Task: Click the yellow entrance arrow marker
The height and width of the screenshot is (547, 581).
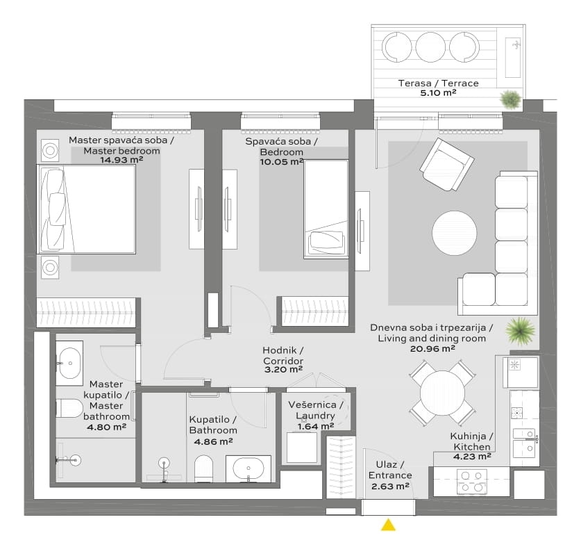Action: [x=388, y=525]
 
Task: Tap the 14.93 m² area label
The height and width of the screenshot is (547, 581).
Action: [x=121, y=160]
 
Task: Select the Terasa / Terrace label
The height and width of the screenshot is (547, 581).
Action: [x=438, y=83]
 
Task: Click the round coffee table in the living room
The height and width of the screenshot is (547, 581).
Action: [x=454, y=233]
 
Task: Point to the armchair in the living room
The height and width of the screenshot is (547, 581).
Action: [x=446, y=165]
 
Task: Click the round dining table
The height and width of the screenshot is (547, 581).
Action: [x=442, y=393]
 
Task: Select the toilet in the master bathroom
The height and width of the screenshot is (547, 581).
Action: [x=69, y=408]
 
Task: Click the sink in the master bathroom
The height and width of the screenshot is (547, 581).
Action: [x=69, y=363]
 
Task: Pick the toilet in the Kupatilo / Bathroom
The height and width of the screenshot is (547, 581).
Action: [x=203, y=468]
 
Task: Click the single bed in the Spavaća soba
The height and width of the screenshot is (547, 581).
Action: [x=326, y=209]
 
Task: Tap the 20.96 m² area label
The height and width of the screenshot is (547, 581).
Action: [x=432, y=349]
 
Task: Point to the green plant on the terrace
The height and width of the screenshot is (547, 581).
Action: [x=511, y=99]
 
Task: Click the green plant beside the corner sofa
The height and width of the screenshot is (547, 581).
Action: [x=521, y=330]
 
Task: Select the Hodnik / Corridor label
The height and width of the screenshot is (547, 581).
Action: [x=283, y=355]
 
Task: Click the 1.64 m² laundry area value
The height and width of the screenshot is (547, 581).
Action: [x=316, y=426]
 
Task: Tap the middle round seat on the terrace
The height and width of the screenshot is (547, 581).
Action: [x=430, y=47]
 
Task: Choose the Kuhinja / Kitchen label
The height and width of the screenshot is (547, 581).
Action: [x=472, y=441]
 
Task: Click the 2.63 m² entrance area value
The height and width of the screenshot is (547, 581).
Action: [x=390, y=486]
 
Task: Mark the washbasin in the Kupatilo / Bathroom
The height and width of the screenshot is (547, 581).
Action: [x=249, y=468]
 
